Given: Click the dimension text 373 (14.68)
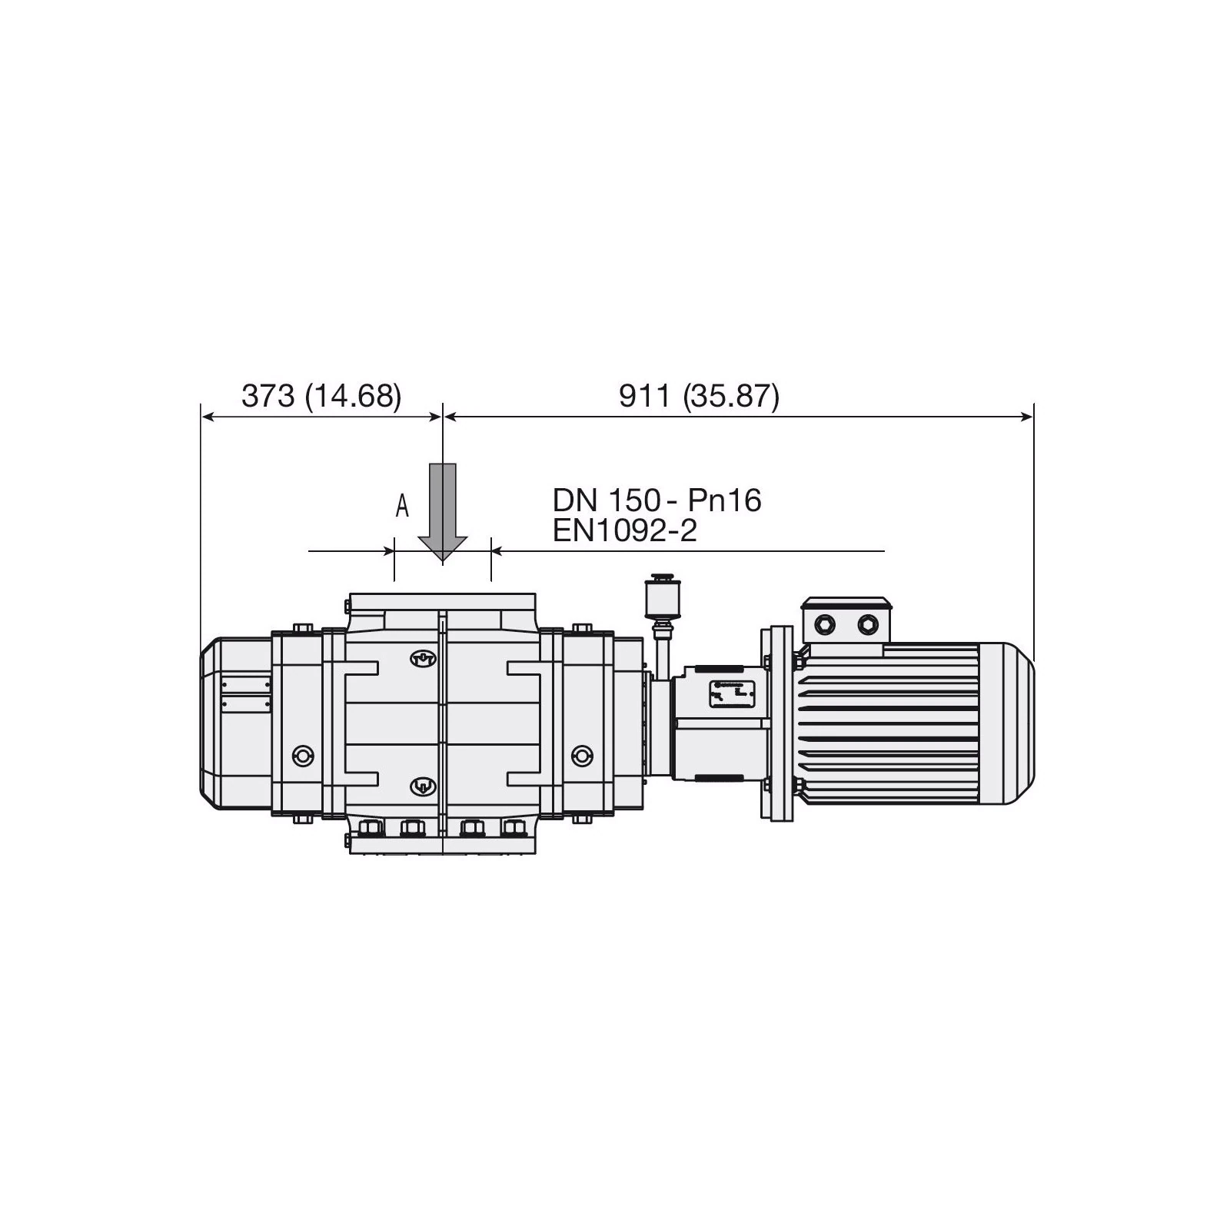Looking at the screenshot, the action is (321, 396).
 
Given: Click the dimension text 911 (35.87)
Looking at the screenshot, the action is (699, 396).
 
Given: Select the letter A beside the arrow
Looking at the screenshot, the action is (401, 506).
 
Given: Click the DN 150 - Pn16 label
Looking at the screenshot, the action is (657, 500).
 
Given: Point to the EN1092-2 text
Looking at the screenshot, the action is (624, 530).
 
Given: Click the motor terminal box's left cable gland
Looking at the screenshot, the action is (826, 623).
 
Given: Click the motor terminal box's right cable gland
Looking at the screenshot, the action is (869, 623).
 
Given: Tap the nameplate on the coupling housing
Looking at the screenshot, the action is (730, 695).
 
